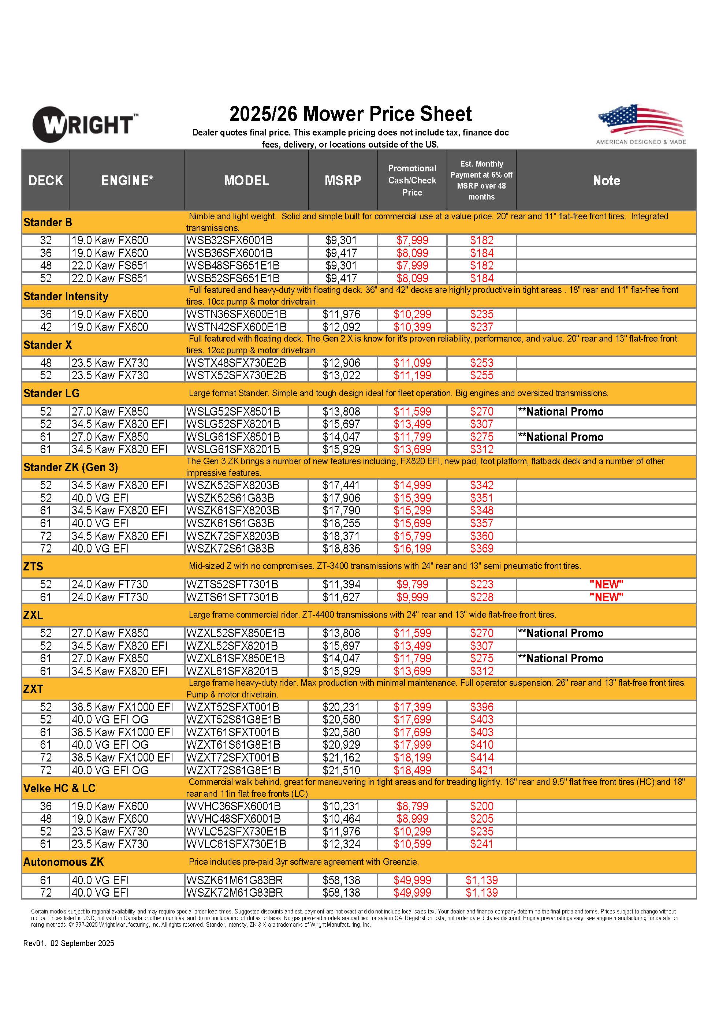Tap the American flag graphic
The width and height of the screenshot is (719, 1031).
641,120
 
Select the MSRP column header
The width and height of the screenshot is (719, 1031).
343,180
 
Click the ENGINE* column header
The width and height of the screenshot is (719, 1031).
127,180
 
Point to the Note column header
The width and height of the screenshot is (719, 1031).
606,180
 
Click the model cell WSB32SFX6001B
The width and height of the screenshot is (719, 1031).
230,240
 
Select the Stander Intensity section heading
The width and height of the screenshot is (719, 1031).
66,296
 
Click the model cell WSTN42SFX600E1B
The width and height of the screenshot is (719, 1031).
236,327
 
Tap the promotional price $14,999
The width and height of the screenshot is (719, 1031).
412,485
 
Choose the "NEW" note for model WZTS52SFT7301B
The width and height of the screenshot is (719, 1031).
606,585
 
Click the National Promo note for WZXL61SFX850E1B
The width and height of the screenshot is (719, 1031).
561,659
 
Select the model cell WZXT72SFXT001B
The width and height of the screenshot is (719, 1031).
232,758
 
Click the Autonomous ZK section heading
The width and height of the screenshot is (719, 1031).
64,862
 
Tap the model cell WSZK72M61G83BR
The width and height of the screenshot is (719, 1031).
234,893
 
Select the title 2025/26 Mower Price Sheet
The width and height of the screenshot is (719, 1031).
350,114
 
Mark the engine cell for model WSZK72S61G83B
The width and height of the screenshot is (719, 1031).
100,549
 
